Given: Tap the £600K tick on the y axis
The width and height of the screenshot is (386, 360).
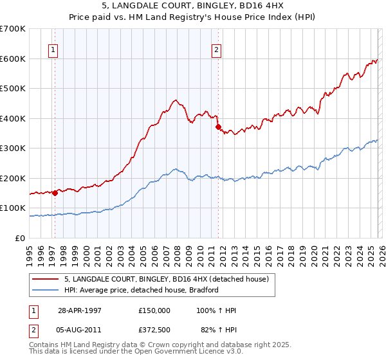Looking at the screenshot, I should pos(13,59).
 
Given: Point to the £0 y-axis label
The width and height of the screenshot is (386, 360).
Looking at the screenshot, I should pos(21,238).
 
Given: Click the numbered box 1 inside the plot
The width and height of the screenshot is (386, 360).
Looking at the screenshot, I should pos(52,50).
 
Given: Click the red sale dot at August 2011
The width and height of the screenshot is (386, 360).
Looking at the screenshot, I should pos(218,127).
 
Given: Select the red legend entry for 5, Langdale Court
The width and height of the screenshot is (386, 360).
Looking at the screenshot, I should pos(170,279).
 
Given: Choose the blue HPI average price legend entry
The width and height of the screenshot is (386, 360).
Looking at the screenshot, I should pos(142,290).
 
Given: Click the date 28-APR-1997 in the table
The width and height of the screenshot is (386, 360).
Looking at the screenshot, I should pos(80,310).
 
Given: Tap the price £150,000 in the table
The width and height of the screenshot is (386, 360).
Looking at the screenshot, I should pos(154,310).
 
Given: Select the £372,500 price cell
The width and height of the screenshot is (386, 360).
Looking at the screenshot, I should pos(154,330).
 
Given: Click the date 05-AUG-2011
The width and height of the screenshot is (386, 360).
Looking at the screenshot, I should pos(80,330).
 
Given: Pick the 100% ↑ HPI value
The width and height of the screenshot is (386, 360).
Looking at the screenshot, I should pos(217,310).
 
